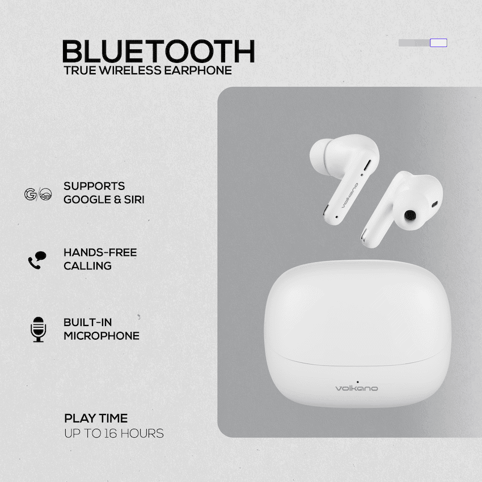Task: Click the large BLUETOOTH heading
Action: [x=158, y=52]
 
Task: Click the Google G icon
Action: [x=29, y=194]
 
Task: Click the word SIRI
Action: [x=133, y=200]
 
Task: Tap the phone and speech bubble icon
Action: [x=37, y=260]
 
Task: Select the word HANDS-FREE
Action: [x=100, y=252]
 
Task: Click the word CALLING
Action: [x=87, y=266]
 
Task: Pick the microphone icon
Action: [x=38, y=329]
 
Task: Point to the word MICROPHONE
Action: [x=101, y=336]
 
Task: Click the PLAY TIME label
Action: [x=96, y=419]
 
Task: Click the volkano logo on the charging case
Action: [x=356, y=388]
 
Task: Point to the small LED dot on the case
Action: [x=356, y=380]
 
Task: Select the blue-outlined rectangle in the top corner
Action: [x=438, y=43]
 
